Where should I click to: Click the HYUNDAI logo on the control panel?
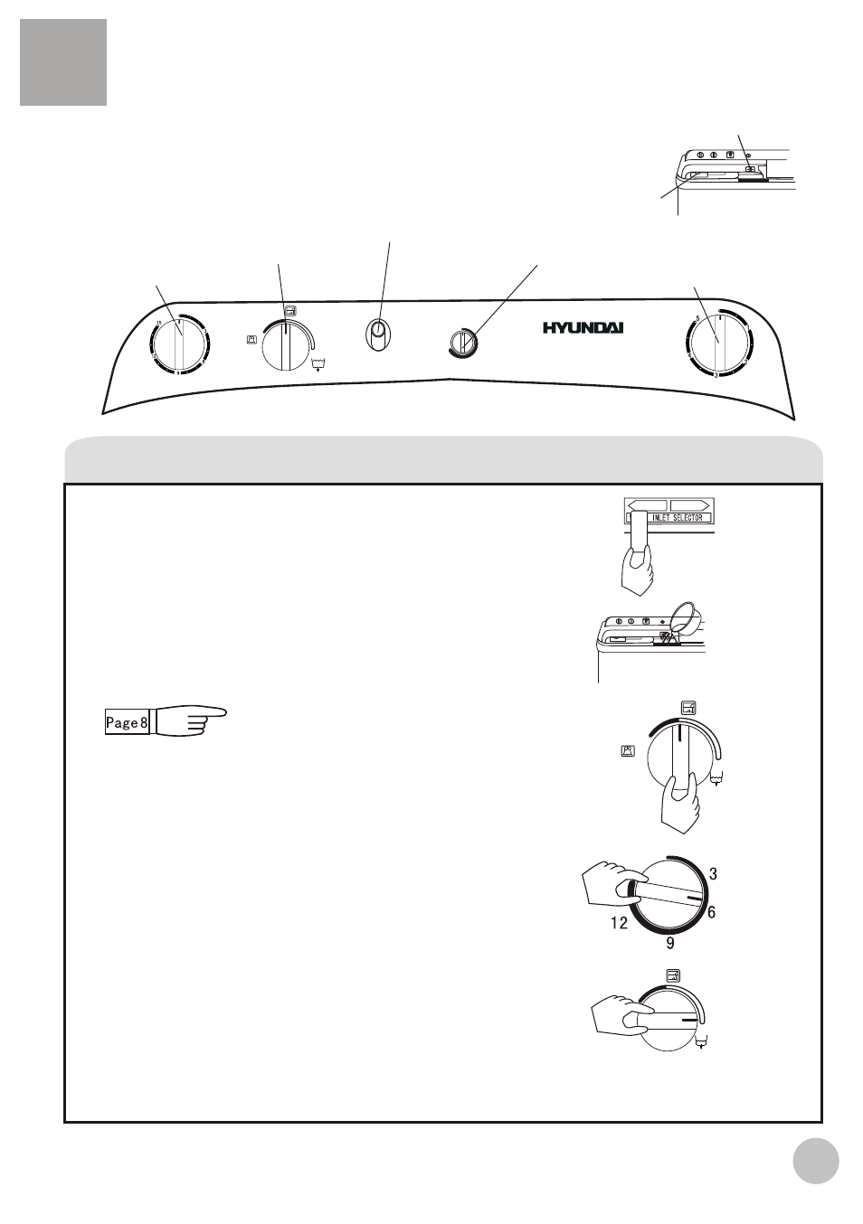point(597,327)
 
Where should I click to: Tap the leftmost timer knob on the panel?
point(179,345)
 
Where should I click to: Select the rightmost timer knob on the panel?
point(716,344)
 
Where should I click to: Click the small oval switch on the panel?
point(378,335)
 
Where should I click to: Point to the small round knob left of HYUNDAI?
point(462,343)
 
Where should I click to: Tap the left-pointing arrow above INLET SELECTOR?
point(647,504)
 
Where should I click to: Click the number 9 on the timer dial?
point(670,944)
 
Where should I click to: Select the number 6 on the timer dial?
point(712,913)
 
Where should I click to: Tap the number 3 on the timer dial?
point(713,874)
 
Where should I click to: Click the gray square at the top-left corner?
point(63,62)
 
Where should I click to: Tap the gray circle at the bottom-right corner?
point(816,1160)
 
